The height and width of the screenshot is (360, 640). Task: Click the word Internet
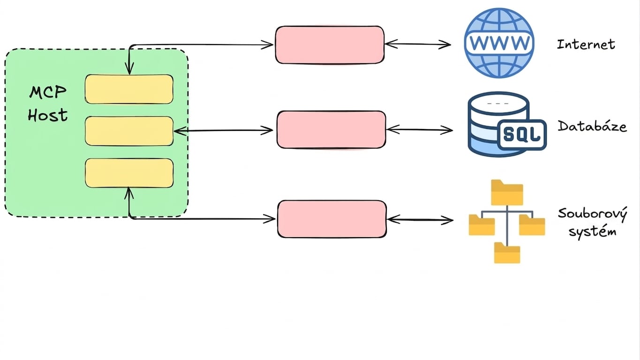pyautogui.click(x=586, y=44)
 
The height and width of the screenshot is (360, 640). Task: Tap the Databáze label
pyautogui.click(x=592, y=126)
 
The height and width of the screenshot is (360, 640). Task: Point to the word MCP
pyautogui.click(x=48, y=92)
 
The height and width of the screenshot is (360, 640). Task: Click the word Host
pyautogui.click(x=48, y=115)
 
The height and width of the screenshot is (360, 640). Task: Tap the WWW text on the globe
pyautogui.click(x=499, y=43)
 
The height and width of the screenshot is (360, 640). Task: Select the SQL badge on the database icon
pyautogui.click(x=522, y=135)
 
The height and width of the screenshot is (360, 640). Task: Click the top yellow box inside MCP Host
pyautogui.click(x=129, y=89)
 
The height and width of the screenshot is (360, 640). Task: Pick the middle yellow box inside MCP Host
pyautogui.click(x=129, y=131)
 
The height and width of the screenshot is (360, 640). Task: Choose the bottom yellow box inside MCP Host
pyautogui.click(x=129, y=173)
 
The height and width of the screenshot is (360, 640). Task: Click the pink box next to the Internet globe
pyautogui.click(x=330, y=45)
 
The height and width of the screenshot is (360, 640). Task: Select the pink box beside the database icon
pyautogui.click(x=331, y=130)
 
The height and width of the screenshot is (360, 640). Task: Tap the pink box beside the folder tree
pyautogui.click(x=332, y=219)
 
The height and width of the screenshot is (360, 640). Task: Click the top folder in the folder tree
pyautogui.click(x=507, y=193)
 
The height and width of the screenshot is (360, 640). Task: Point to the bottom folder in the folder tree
pyautogui.click(x=507, y=253)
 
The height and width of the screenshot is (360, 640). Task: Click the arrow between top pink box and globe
pyautogui.click(x=418, y=44)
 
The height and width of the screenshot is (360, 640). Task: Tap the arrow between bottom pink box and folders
pyautogui.click(x=420, y=220)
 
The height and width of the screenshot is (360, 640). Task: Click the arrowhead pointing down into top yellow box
pyautogui.click(x=129, y=70)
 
